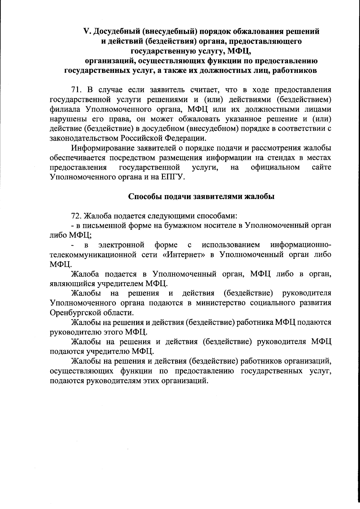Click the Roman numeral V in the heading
click(x=86, y=31)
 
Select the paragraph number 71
click(x=76, y=89)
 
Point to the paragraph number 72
click(x=76, y=216)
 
